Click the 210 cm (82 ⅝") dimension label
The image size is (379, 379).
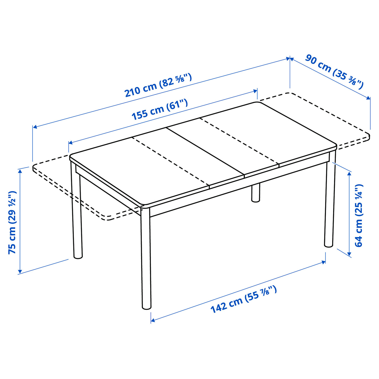[158, 85]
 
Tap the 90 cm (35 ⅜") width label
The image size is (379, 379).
[335, 71]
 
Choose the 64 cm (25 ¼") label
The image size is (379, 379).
[359, 215]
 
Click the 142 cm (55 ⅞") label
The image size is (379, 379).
[244, 299]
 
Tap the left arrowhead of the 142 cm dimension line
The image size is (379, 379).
[153, 321]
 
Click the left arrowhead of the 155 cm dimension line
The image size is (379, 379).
[70, 143]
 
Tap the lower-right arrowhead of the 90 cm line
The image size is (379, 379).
[368, 98]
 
